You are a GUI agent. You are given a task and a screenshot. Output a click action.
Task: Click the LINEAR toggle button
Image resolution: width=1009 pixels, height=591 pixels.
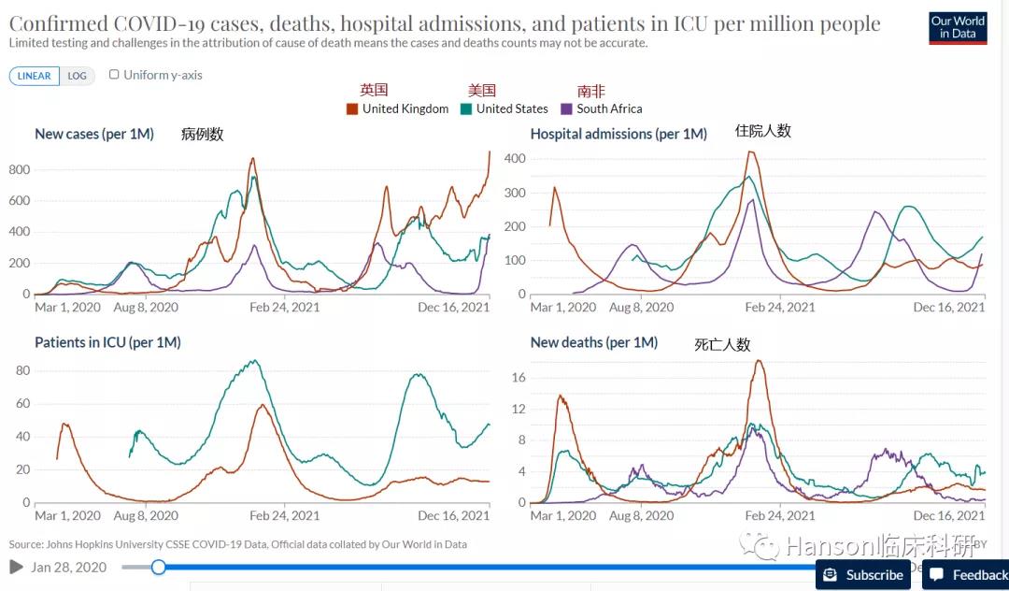pyautogui.click(x=35, y=76)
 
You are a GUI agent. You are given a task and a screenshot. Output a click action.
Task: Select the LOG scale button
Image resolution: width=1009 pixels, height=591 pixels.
pyautogui.click(x=77, y=76)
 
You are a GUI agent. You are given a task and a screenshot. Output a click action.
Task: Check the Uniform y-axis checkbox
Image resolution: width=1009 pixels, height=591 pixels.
pyautogui.click(x=114, y=75)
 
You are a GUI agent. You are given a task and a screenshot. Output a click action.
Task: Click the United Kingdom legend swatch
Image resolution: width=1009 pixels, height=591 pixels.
pyautogui.click(x=352, y=108)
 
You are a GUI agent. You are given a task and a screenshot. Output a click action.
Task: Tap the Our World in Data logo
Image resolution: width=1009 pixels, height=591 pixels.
pyautogui.click(x=958, y=27)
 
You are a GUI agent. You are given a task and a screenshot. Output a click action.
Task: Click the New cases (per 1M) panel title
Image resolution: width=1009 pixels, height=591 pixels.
pyautogui.click(x=94, y=134)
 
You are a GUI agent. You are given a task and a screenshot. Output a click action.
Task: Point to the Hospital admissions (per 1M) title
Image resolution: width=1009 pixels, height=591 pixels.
pyautogui.click(x=618, y=134)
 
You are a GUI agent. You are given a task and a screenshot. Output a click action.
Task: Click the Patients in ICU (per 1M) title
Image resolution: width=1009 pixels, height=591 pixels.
pyautogui.click(x=107, y=342)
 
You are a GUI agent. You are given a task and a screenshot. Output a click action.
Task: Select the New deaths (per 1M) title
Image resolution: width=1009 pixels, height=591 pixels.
pyautogui.click(x=594, y=342)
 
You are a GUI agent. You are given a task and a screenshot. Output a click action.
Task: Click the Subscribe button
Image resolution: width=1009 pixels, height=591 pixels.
pyautogui.click(x=863, y=575)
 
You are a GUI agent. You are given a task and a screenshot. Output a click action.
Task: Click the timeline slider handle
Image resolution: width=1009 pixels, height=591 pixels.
pyautogui.click(x=159, y=567)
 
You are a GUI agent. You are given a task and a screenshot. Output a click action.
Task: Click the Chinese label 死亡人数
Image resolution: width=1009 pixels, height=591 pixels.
pyautogui.click(x=722, y=344)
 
